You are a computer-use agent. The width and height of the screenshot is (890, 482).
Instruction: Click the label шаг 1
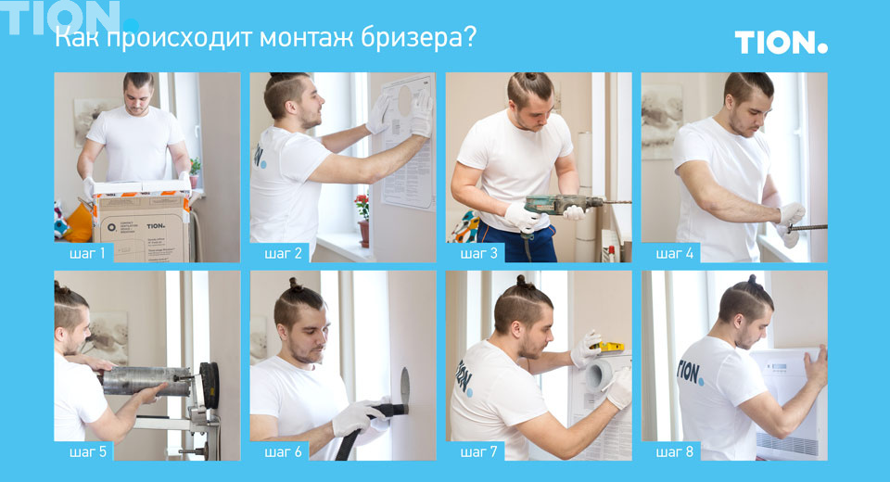[86, 253]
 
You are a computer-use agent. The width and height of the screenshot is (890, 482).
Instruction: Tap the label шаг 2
[283, 253]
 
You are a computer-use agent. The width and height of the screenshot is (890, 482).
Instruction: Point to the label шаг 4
[674, 253]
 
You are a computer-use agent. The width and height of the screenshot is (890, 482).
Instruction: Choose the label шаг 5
[87, 451]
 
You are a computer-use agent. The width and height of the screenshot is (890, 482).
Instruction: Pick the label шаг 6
[283, 451]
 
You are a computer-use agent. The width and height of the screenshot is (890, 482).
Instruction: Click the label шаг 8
[674, 451]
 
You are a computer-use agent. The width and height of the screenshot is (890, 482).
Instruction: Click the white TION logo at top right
[781, 42]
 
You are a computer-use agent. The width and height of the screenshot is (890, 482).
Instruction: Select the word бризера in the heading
[427, 39]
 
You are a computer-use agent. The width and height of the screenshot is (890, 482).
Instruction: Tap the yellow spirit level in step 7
[606, 347]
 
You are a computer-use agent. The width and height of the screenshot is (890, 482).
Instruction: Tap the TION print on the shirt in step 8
[690, 371]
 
